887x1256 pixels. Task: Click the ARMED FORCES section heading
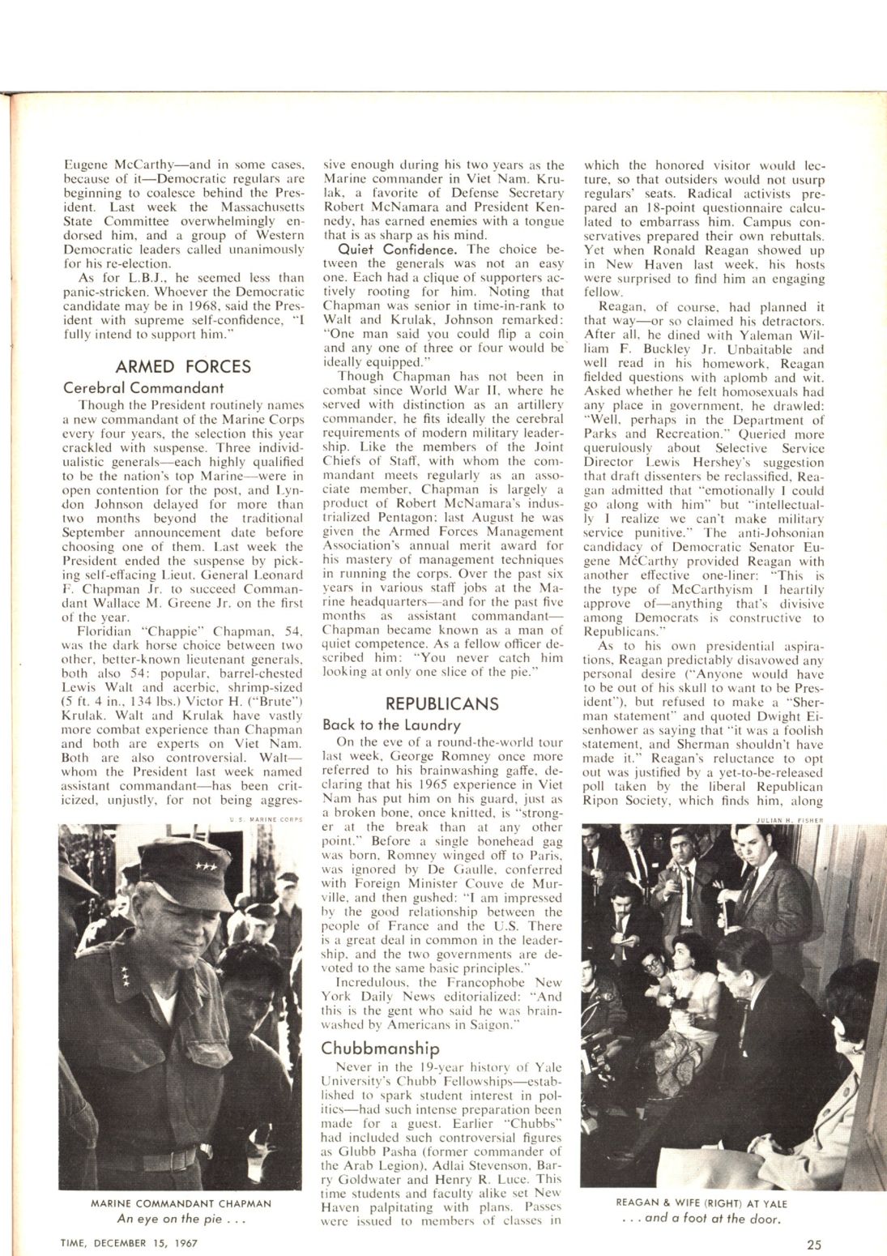pos(183,366)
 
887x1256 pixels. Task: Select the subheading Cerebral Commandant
pos(143,387)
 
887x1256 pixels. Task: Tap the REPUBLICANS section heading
pos(442,703)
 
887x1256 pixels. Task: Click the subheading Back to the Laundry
pos(391,724)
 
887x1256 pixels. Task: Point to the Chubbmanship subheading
pos(381,1048)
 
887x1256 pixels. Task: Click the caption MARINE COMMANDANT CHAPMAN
pos(181,1203)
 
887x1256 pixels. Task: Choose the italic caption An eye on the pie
pos(181,1218)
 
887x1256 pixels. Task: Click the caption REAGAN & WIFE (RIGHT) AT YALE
pos(701,1203)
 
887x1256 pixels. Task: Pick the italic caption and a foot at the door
pos(701,1217)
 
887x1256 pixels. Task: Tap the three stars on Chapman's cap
pos(197,878)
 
